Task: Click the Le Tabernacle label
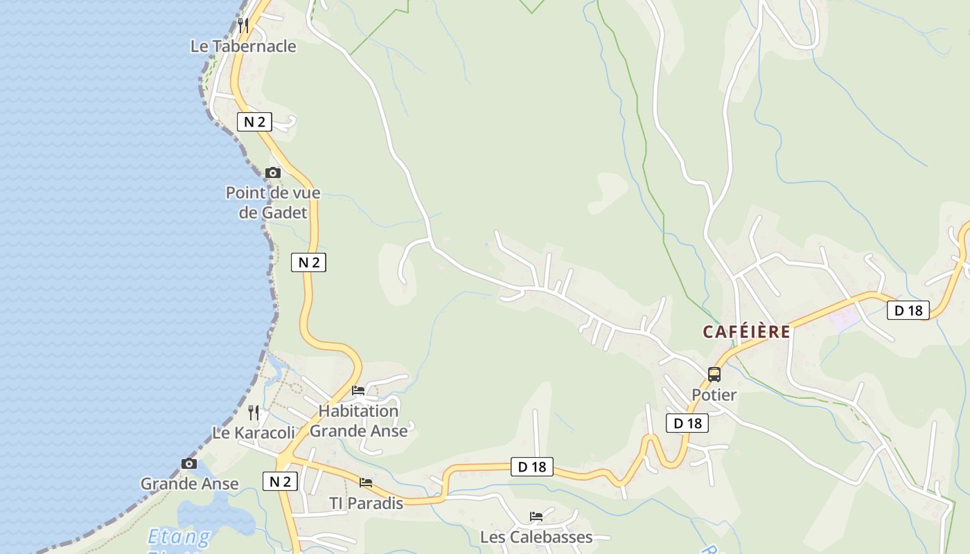pyautogui.click(x=243, y=46)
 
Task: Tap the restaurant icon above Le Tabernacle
pyautogui.click(x=243, y=26)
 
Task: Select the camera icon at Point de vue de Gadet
pyautogui.click(x=273, y=172)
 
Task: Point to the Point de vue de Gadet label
pyautogui.click(x=273, y=202)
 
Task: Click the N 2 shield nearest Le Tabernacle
pyautogui.click(x=254, y=122)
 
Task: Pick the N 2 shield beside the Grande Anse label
pyautogui.click(x=280, y=481)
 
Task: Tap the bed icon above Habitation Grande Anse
pyautogui.click(x=358, y=391)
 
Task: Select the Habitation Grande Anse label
pyautogui.click(x=358, y=420)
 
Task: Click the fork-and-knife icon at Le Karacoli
pyautogui.click(x=254, y=413)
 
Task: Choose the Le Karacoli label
pyautogui.click(x=254, y=434)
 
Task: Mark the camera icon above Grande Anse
pyautogui.click(x=189, y=463)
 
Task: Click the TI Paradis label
pyautogui.click(x=366, y=503)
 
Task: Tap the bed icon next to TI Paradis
pyautogui.click(x=366, y=483)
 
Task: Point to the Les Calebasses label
pyautogui.click(x=536, y=537)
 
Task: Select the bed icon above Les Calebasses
pyautogui.click(x=536, y=516)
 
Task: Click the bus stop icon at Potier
pyautogui.click(x=714, y=375)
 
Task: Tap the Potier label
pyautogui.click(x=714, y=395)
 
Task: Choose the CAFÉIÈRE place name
pyautogui.click(x=746, y=332)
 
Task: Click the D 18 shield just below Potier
pyautogui.click(x=687, y=423)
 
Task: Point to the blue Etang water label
pyautogui.click(x=179, y=537)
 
